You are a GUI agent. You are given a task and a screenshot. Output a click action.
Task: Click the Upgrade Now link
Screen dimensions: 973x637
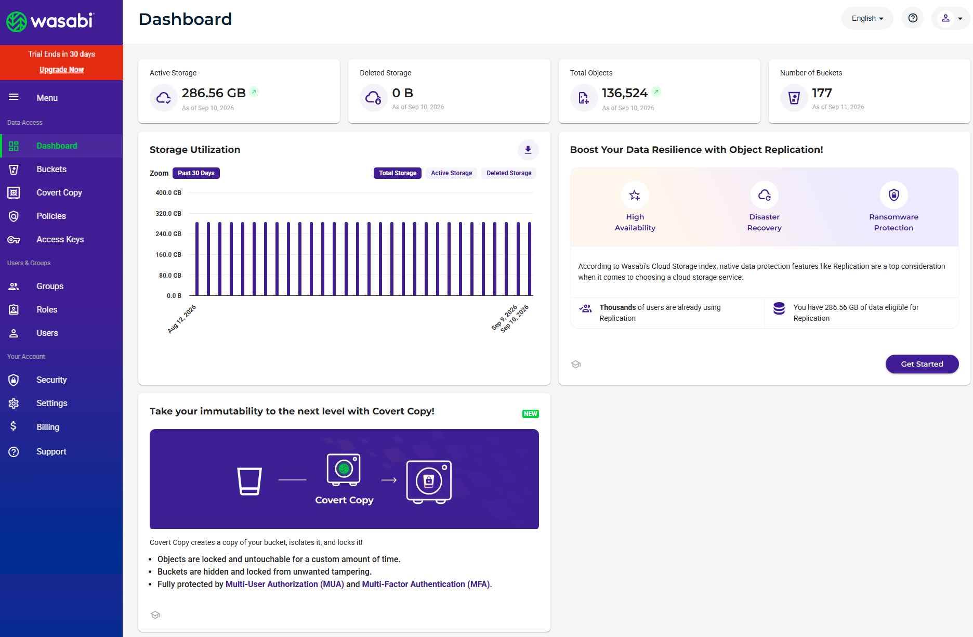coord(61,70)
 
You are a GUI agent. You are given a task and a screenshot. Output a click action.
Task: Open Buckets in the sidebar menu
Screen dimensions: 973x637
coord(51,169)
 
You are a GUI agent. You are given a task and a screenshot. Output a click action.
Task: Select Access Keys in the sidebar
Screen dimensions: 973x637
coord(60,239)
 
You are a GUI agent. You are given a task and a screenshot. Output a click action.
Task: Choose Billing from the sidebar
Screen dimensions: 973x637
coord(48,427)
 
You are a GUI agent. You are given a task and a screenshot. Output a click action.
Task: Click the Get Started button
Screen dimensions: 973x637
coord(922,364)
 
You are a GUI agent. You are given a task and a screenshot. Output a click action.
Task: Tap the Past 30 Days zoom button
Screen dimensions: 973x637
coord(196,173)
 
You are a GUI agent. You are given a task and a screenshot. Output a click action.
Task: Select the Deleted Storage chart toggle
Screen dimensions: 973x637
coord(509,173)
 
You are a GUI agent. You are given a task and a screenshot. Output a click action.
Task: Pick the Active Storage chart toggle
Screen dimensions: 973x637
coord(451,173)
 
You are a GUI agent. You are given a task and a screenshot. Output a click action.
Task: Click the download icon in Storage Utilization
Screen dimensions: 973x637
coord(528,150)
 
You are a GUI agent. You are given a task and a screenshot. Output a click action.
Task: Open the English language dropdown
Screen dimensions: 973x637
coord(867,18)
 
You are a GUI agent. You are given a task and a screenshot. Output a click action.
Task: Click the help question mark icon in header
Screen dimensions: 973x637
coord(913,18)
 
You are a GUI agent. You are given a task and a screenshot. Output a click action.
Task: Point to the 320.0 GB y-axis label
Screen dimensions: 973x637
coord(168,213)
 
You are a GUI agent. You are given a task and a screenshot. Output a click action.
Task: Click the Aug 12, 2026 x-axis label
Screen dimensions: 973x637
coord(182,319)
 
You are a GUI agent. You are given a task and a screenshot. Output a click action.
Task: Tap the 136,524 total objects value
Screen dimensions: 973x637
coord(625,93)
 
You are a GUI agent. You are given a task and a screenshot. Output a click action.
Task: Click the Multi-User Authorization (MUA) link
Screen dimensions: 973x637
coord(285,584)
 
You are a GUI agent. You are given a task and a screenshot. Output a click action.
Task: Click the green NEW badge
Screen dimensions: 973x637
coord(531,414)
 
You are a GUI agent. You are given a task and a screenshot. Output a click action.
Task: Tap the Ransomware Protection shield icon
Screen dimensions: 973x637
coord(893,195)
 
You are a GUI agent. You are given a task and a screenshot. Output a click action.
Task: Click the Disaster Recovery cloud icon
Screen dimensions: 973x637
coord(764,195)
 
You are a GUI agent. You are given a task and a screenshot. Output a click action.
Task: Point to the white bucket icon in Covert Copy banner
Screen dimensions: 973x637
coord(249,481)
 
